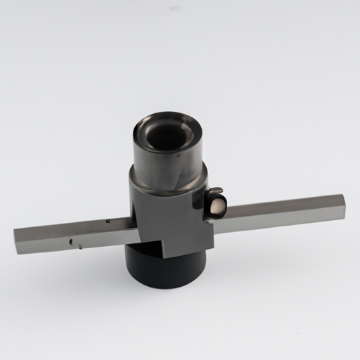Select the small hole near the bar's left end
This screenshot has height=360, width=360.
[71, 241]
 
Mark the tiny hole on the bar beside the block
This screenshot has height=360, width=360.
[108, 221]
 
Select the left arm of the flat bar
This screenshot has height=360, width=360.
[70, 235]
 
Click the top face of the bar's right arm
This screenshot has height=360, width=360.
[281, 206]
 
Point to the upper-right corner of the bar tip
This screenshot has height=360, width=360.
[344, 195]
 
